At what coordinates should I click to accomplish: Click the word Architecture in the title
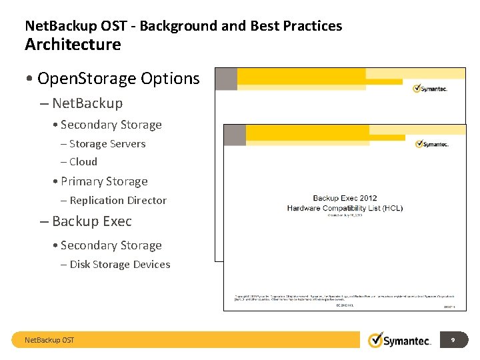pos(73,45)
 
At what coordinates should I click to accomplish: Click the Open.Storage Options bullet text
pos(119,79)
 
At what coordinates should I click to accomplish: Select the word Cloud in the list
pos(83,162)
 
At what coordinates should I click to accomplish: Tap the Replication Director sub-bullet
pos(118,201)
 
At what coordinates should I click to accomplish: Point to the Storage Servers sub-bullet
pos(107,144)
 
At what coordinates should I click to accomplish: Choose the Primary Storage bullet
pos(104,181)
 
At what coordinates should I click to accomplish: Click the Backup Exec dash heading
pos(91,221)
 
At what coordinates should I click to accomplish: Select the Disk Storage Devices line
pos(120,265)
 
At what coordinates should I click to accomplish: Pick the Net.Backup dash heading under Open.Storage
pos(87,103)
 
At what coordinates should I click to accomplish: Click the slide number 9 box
pos(453,340)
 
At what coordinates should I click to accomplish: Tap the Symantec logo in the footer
pos(400,340)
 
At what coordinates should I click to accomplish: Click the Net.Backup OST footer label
pos(49,341)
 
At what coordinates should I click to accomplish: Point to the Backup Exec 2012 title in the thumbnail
pos(345,198)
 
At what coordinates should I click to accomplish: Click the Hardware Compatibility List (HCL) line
pos(345,208)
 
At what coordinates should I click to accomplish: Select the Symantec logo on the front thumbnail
pos(431,143)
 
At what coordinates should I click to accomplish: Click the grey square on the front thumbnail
pos(235,135)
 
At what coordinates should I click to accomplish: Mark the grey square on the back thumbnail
pos(226,79)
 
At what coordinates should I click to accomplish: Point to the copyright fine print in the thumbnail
pos(343,297)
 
